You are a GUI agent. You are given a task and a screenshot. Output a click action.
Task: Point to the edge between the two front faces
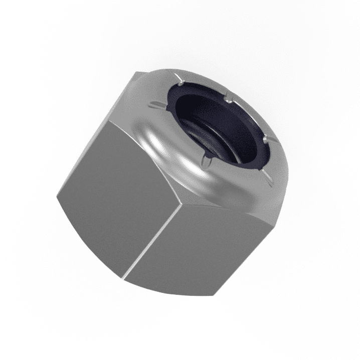pyautogui.click(x=155, y=236)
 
